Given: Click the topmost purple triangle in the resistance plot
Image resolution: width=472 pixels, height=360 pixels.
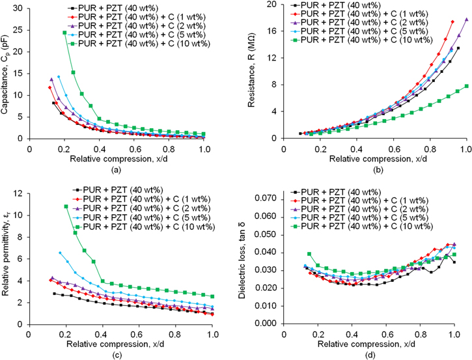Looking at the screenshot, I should [x=466, y=20].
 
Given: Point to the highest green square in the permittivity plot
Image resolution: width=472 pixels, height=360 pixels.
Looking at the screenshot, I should [x=66, y=206].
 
